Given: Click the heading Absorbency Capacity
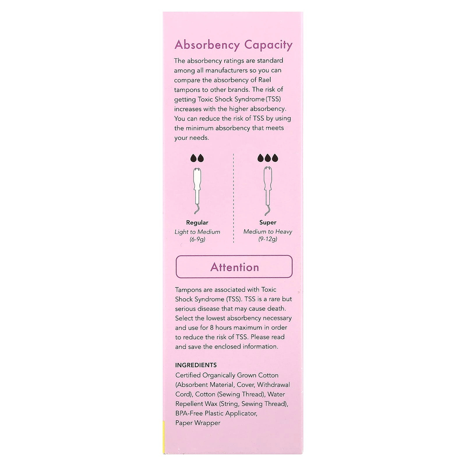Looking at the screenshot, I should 233,45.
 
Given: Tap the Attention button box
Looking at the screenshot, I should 234,267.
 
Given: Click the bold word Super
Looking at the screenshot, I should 268,223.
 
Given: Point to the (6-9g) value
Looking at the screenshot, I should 198,240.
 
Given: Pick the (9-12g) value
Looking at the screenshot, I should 268,240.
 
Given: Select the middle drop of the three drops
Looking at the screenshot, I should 268,158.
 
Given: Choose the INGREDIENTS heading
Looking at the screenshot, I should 196,365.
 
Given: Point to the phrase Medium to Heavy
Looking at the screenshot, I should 268,232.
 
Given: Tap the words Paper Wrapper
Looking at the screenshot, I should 198,423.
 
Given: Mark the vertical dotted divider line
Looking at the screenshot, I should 233,200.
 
